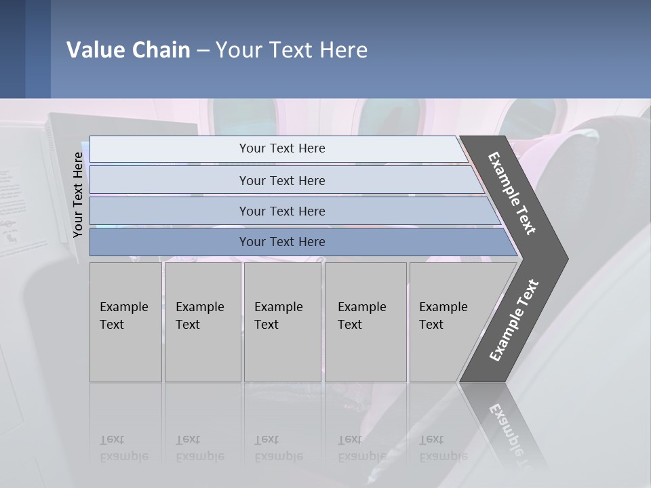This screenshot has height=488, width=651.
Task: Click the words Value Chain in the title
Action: (x=128, y=50)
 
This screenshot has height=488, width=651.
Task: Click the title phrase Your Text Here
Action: (x=292, y=50)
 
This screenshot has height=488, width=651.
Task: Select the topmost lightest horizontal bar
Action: (x=282, y=148)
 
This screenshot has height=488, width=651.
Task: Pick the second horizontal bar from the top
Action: (x=282, y=180)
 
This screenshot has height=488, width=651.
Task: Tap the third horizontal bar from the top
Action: (x=282, y=211)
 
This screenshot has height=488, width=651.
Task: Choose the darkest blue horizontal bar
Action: (x=282, y=242)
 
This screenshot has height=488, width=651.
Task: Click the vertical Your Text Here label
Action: (x=78, y=195)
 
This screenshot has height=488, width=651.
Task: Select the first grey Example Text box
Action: (x=125, y=322)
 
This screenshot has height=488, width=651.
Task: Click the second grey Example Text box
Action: (x=202, y=322)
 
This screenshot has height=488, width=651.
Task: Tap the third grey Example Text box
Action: (x=281, y=322)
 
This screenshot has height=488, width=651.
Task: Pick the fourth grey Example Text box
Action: (x=365, y=322)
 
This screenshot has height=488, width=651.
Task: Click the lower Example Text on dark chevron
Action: (x=514, y=321)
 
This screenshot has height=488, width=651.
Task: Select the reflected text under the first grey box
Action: (x=123, y=448)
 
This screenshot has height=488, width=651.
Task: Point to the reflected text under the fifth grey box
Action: (x=443, y=448)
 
